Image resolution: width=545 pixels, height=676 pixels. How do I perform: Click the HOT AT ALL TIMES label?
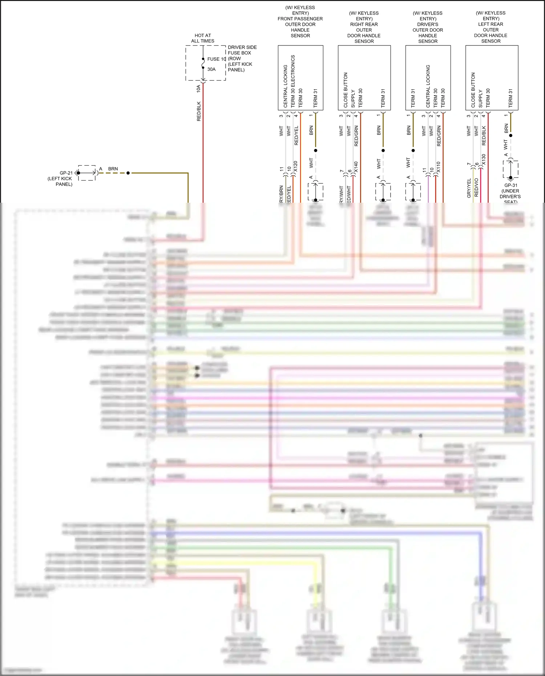pos(203,38)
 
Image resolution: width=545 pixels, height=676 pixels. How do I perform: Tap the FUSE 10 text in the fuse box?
pos(217,59)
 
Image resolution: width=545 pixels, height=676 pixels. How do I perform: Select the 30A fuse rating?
pos(211,69)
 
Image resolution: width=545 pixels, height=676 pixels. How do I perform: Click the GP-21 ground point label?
pos(66,173)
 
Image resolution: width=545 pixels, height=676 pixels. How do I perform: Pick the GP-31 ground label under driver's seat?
pos(510,185)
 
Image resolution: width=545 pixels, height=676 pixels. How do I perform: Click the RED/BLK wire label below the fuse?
pos(199,111)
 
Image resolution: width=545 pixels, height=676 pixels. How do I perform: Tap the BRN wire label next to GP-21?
pos(113,169)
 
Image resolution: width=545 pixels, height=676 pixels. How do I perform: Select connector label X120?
pos(295,166)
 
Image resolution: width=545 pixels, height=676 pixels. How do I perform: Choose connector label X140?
pos(356,167)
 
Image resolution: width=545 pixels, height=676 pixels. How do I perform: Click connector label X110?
pos(439,167)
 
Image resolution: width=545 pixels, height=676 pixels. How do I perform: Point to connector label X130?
pos(484,159)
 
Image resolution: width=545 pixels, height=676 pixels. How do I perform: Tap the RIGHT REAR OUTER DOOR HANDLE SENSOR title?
pos(364,30)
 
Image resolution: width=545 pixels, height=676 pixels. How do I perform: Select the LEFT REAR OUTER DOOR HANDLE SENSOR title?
pos(491,30)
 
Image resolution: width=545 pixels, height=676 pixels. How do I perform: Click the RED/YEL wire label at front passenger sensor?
pos(296,135)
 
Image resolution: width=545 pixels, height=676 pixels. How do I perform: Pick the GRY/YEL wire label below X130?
pos(469,188)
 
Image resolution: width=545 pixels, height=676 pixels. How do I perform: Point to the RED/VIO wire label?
pos(476,187)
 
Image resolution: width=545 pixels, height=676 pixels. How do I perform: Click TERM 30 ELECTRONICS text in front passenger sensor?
pos(293,81)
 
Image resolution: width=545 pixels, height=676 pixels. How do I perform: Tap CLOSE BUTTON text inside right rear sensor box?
pos(346,90)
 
